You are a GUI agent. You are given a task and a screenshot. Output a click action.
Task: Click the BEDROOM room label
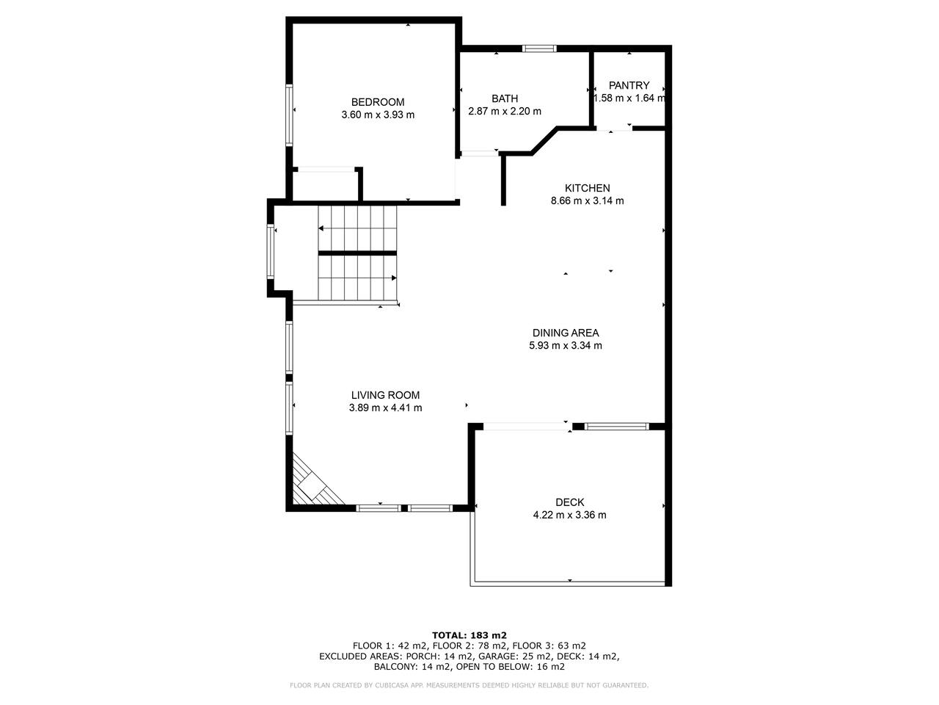point(378,102)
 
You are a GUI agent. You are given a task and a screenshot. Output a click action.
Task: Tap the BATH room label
point(505,99)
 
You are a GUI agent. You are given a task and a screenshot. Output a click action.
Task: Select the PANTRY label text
point(629,86)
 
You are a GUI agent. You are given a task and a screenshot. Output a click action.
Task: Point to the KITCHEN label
point(588,188)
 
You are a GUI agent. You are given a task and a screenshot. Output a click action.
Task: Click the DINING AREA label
point(566,333)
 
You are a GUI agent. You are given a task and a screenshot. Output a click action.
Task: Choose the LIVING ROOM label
point(385,395)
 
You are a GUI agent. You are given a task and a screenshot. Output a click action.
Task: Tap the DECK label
point(570,502)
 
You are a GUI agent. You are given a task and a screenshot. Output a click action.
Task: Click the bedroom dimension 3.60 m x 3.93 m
point(378,115)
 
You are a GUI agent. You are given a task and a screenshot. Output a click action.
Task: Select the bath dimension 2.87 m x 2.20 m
point(505,112)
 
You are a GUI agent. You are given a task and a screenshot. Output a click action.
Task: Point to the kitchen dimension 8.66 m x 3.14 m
point(588,200)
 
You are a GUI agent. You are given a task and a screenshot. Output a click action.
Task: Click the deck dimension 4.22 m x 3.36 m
point(570,515)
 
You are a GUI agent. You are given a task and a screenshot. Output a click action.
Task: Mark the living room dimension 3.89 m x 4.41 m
point(385,408)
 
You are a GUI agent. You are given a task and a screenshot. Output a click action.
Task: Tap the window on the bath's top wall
point(539,48)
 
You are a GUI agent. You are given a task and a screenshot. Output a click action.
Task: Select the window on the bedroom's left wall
point(290,115)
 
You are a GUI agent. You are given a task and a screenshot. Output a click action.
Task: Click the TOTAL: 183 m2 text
point(469,635)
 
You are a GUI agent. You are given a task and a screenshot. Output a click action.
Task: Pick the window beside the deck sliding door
point(616,427)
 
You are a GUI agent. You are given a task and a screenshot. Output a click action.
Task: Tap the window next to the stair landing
point(271,252)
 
